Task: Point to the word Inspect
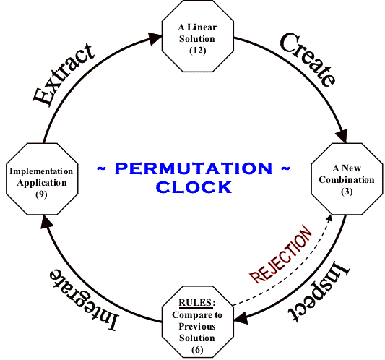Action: [322, 289]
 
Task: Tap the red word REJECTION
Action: [282, 257]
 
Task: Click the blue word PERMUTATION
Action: [193, 168]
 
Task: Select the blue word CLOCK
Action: [193, 187]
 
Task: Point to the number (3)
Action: [343, 190]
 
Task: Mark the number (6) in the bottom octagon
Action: [197, 349]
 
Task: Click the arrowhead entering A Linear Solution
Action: [157, 39]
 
